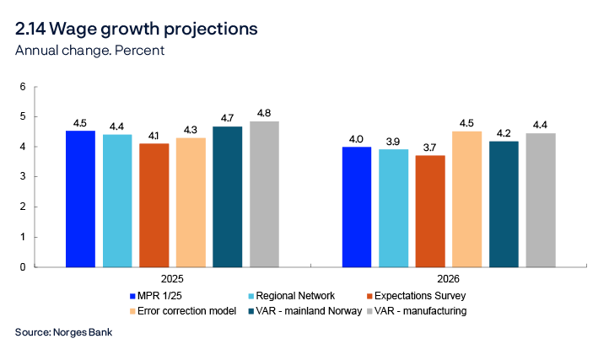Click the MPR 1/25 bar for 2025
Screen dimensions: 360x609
pos(80,199)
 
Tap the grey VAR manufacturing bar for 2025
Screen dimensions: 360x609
pos(264,194)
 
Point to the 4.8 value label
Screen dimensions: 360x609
pos(264,113)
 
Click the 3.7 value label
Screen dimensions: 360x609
pos(430,147)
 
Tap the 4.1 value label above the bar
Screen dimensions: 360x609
pos(154,135)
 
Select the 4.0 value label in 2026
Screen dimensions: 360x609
pos(357,139)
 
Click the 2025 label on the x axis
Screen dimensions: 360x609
pos(172,278)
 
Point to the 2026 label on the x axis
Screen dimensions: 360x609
pos(450,278)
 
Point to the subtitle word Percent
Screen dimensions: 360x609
pos(140,51)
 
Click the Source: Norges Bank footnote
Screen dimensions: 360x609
pos(63,332)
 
